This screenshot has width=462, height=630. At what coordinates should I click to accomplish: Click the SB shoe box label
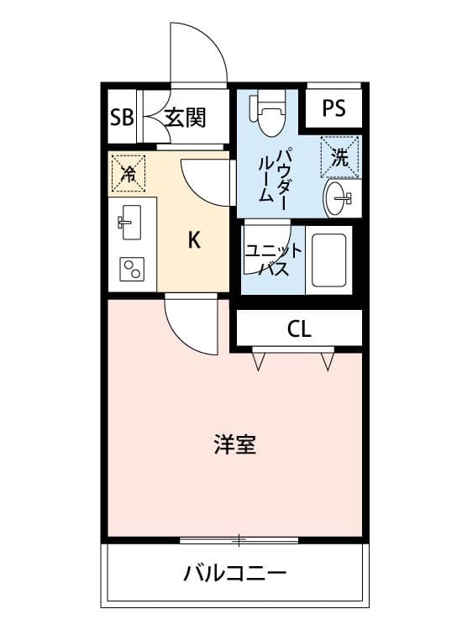[122, 118]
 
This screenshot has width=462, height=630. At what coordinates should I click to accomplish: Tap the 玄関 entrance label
[186, 118]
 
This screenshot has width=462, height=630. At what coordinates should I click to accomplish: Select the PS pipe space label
[333, 108]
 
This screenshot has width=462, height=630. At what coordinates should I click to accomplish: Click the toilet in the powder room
[268, 112]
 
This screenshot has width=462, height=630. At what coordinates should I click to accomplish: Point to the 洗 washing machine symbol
[340, 157]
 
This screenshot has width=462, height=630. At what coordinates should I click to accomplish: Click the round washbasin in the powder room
[338, 198]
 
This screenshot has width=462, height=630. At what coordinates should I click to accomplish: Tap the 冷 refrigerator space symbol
[129, 174]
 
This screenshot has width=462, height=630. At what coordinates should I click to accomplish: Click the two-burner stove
[131, 269]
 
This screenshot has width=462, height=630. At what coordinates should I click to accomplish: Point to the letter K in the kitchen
[194, 240]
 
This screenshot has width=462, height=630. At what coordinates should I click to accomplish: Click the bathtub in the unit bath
[328, 260]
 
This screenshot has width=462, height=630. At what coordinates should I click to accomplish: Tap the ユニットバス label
[273, 260]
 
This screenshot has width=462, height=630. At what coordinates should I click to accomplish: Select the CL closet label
[299, 329]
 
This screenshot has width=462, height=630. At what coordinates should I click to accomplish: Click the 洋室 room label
[235, 444]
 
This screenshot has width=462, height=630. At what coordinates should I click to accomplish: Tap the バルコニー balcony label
[235, 572]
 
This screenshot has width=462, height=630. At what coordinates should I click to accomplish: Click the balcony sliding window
[239, 540]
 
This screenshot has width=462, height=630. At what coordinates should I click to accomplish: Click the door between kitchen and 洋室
[191, 324]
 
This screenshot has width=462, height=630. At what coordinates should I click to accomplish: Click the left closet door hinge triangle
[259, 361]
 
